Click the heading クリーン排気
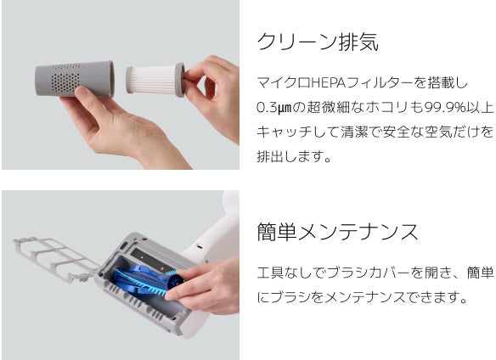click(318, 42)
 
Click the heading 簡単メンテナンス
click(337, 232)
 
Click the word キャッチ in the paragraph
click(283, 132)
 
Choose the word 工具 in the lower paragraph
click(270, 273)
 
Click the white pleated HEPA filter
click(150, 80)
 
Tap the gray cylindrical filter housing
click(75, 78)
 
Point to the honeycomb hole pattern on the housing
click(65, 81)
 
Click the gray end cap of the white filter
click(180, 80)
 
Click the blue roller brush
click(146, 282)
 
